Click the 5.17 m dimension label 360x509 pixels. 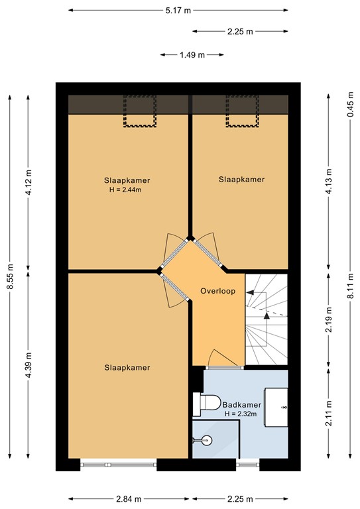point(178,11)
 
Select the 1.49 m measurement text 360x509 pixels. point(192,55)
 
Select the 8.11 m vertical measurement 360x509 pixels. point(349,290)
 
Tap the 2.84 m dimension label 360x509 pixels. point(128,499)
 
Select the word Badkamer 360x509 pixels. point(241,405)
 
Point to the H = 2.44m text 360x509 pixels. point(126,190)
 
